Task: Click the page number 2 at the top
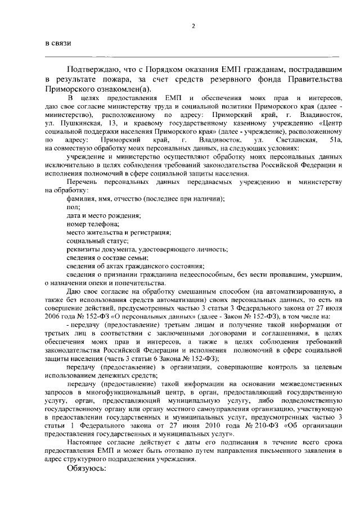193,26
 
